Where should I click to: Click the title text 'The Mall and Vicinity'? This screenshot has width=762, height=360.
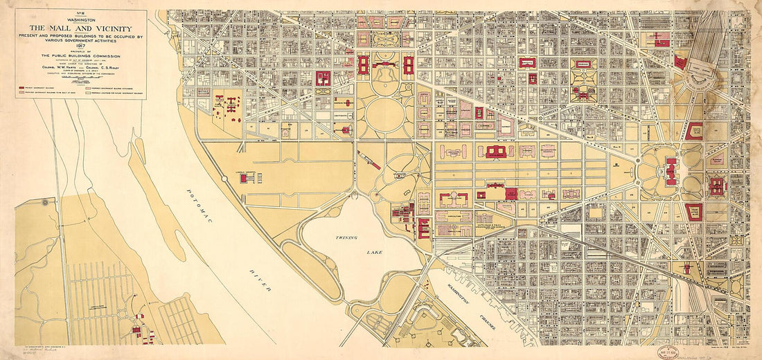click(81, 28)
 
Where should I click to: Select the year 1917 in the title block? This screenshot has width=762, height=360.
click(81, 46)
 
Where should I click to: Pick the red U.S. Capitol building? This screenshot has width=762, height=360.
click(671, 170)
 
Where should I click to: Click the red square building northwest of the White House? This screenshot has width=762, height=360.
click(323, 78)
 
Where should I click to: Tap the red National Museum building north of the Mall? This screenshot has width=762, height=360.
click(495, 152)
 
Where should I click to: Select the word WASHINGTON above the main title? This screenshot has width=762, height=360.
click(81, 20)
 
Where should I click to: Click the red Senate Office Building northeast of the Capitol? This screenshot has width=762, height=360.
click(694, 130)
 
